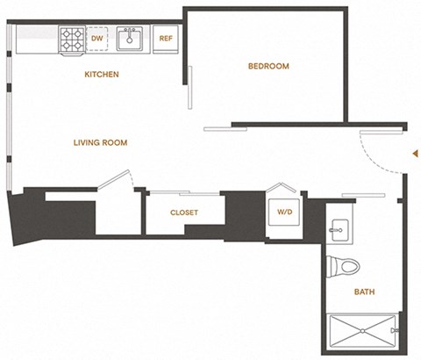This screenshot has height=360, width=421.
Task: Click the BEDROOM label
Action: (268, 66)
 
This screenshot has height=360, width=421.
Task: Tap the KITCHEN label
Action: (101, 75)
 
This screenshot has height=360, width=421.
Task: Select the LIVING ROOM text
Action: (102, 141)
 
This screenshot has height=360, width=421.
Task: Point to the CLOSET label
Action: (183, 212)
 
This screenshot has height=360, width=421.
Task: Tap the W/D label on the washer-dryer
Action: (285, 212)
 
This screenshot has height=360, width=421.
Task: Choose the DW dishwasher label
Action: (96, 38)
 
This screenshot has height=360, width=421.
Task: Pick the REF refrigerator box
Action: (166, 38)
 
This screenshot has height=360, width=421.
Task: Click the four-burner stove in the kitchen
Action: (71, 38)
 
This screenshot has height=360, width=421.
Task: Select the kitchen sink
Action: (130, 38)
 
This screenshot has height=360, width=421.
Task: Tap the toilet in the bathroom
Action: (346, 264)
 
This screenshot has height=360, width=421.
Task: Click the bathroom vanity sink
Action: (339, 231)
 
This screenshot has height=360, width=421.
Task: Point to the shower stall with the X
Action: (361, 333)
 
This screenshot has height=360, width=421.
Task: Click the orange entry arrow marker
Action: (413, 154)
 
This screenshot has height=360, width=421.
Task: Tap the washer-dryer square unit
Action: (285, 212)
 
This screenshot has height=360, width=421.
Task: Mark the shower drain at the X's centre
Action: (361, 333)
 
